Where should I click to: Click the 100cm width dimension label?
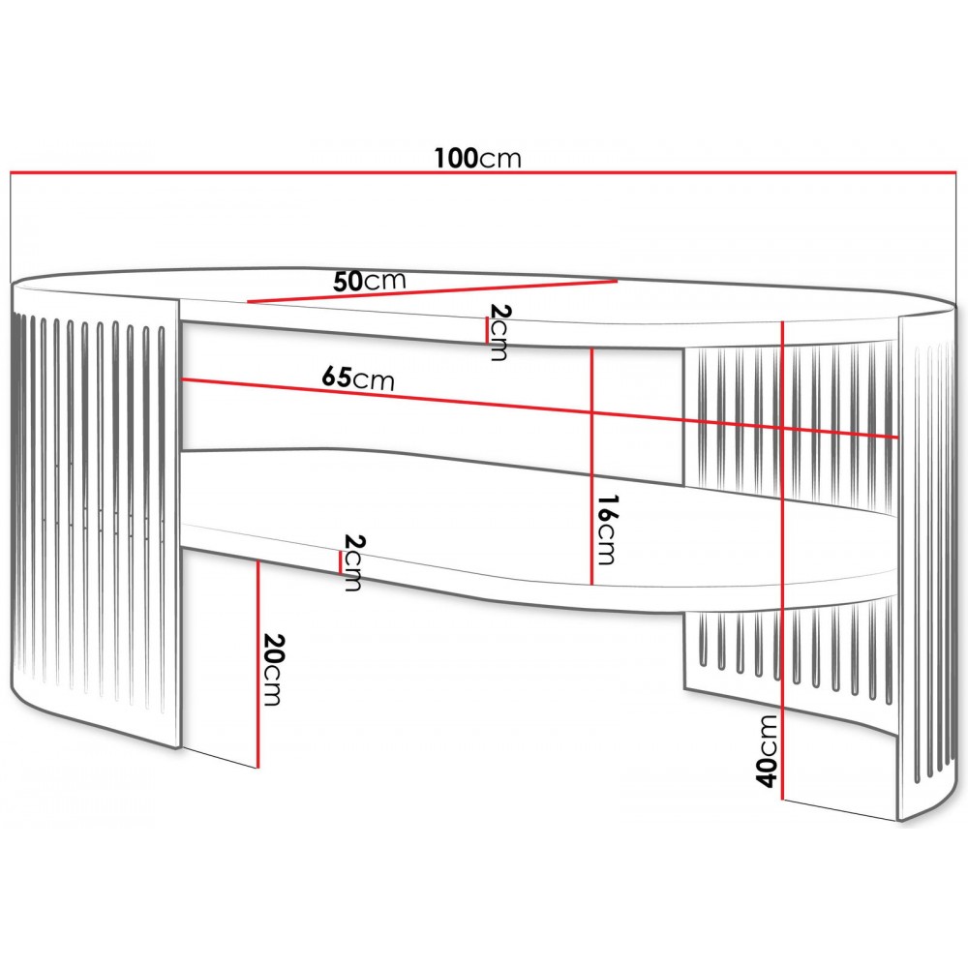click(478, 158)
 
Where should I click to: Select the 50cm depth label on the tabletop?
click(369, 281)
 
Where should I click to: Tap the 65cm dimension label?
click(358, 378)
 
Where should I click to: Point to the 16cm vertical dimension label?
click(606, 529)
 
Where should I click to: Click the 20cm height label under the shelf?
click(273, 669)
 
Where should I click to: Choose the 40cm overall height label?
click(767, 751)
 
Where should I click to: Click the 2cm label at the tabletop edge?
click(498, 331)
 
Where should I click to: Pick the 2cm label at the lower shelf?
click(353, 562)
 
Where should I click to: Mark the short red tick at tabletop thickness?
click(487, 330)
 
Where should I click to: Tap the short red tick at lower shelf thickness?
click(340, 561)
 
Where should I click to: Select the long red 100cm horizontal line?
click(483, 172)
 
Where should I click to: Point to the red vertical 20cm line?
click(257, 664)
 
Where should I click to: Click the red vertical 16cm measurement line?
click(592, 467)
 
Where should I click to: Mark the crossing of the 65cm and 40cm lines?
click(782, 428)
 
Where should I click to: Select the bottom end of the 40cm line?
click(782, 801)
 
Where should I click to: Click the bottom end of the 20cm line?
click(257, 768)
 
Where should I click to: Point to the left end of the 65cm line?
click(180, 379)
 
